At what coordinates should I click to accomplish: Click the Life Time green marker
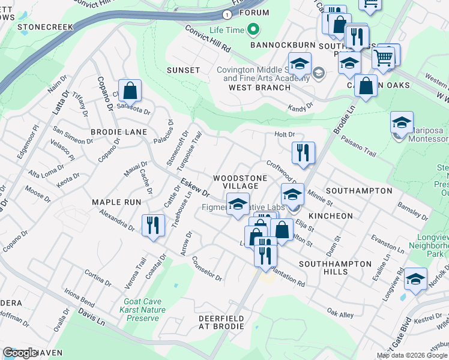point(253,29)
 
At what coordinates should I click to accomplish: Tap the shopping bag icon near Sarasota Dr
point(130,91)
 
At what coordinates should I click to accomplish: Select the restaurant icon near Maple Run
point(152,226)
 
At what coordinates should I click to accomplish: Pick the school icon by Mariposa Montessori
point(402,123)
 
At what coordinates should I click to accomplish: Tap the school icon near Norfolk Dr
point(415,279)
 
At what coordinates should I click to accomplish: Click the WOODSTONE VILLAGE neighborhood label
point(236,182)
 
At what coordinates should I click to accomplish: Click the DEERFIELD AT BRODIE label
point(221,322)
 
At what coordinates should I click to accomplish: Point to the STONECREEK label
point(45,27)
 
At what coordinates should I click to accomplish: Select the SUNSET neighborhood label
point(183,70)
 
